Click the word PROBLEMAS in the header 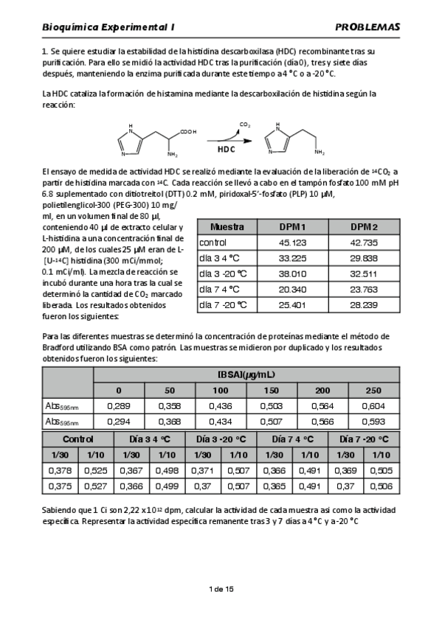pos(367,27)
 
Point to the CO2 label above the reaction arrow pos(244,125)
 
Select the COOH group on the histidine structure pos(187,132)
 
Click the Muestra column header pos(227,227)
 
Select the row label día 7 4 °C pos(220,289)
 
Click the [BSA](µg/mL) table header pos(246,374)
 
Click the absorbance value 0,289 pos(119,405)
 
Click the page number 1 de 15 pos(221,589)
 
